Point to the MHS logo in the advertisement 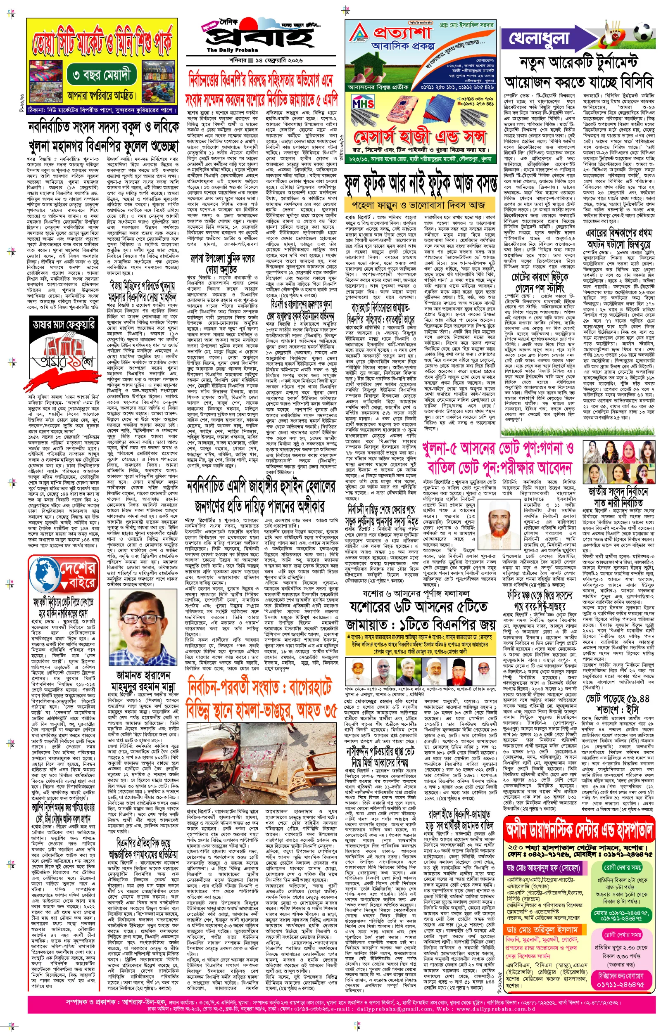pyautogui.click(x=363, y=103)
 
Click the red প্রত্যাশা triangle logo pyautogui.click(x=359, y=32)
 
